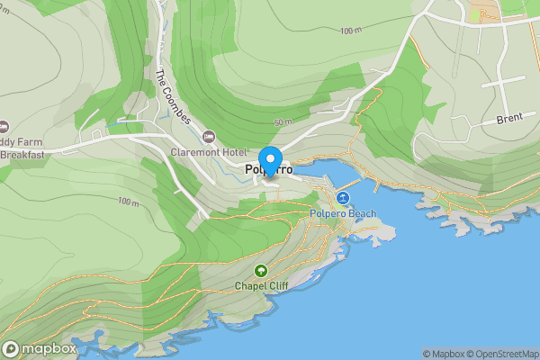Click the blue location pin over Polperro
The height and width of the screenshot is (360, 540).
[x=267, y=157]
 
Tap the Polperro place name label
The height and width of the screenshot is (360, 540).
[x=268, y=170]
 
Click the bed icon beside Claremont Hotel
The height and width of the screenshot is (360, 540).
[x=210, y=137]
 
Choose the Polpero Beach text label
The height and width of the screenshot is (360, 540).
[x=342, y=213]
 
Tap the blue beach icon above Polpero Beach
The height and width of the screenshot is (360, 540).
[x=342, y=197]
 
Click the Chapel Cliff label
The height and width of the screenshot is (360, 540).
[x=261, y=286]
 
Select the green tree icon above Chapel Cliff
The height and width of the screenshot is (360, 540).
[x=261, y=270]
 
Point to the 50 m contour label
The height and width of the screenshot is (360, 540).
[x=283, y=121]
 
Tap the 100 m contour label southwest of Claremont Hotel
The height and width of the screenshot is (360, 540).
[x=129, y=202]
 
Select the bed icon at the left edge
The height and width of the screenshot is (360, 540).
[x=4, y=125]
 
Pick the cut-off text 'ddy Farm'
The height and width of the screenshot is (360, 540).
[x=22, y=141]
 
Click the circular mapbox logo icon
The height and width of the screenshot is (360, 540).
[x=12, y=348]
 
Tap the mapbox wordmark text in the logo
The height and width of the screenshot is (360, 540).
[x=49, y=348]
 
